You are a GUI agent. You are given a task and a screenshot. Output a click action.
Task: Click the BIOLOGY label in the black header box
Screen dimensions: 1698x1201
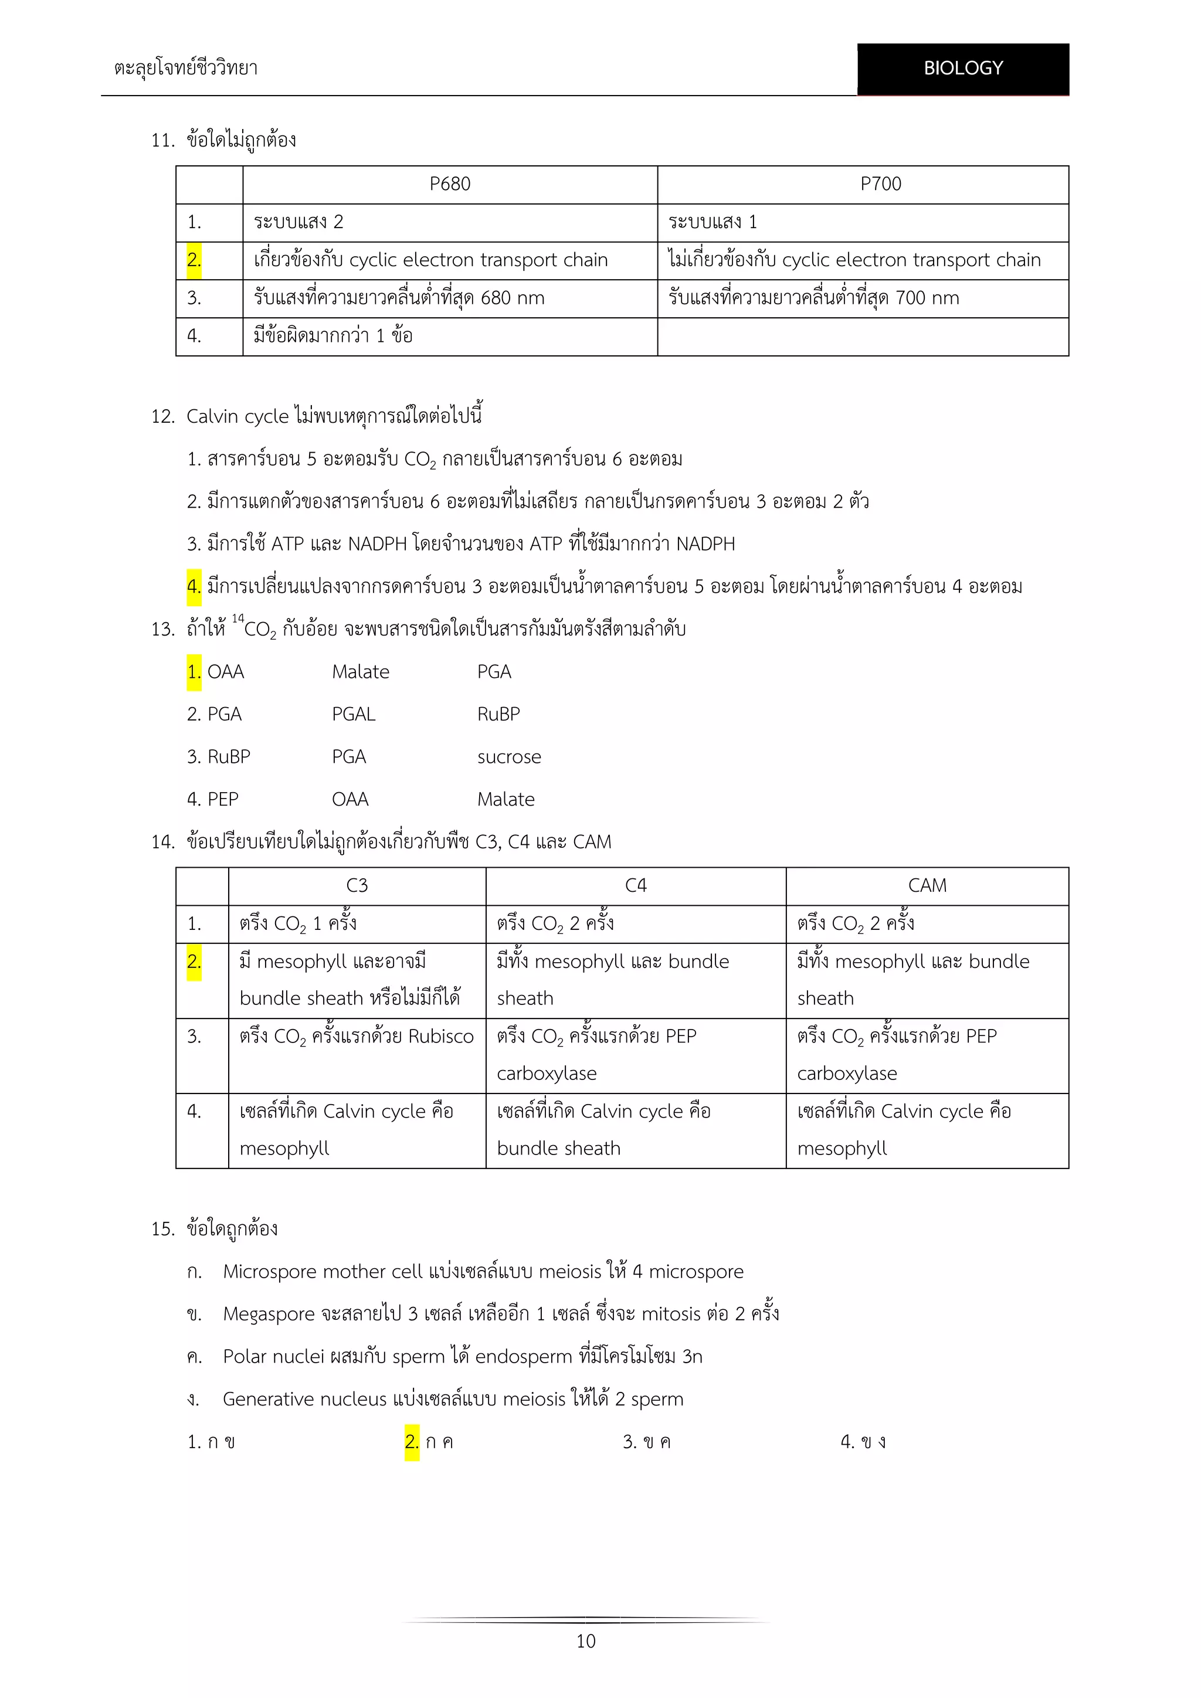pyautogui.click(x=963, y=68)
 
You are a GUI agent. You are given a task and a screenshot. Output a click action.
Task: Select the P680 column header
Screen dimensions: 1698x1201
pyautogui.click(x=450, y=184)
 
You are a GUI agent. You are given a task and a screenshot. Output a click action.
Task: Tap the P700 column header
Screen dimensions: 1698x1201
pyautogui.click(x=880, y=184)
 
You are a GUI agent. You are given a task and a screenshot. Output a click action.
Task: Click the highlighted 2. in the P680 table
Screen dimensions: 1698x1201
pyautogui.click(x=194, y=260)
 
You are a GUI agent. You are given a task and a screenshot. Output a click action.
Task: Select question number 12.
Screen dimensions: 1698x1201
pyautogui.click(x=162, y=416)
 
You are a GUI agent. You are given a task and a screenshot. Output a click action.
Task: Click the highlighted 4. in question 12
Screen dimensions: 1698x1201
pyautogui.click(x=194, y=586)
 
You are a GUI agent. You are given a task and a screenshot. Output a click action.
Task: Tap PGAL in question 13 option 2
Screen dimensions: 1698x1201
pyautogui.click(x=354, y=714)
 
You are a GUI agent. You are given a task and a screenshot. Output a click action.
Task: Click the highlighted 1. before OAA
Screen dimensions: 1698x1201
pyautogui.click(x=194, y=673)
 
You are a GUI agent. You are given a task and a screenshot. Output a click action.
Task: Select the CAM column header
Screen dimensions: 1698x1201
pyautogui.click(x=927, y=886)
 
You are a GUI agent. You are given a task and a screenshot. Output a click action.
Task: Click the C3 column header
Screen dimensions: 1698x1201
pyautogui.click(x=357, y=886)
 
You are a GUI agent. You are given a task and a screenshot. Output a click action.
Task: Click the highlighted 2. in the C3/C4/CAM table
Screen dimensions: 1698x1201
pyautogui.click(x=194, y=962)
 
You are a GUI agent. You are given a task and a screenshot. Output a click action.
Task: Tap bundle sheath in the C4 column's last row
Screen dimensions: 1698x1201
pyautogui.click(x=558, y=1149)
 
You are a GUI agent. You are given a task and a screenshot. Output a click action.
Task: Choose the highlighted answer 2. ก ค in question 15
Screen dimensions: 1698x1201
pyautogui.click(x=429, y=1442)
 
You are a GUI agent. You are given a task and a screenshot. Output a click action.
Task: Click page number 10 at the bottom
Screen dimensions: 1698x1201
pyautogui.click(x=586, y=1641)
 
